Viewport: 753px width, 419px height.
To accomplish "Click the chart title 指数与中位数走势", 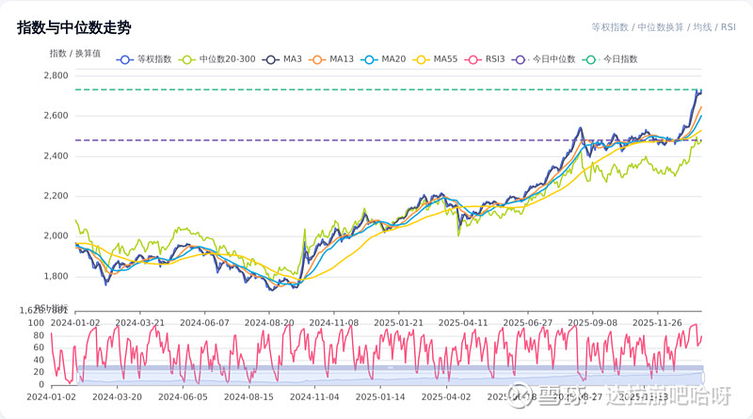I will point(73,28).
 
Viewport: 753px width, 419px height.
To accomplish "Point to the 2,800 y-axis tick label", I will point(56,75).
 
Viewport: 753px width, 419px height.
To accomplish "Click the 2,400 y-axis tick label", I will point(56,155).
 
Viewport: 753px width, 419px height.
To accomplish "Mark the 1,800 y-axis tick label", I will point(56,276).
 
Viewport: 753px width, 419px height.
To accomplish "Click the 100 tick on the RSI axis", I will point(37,324).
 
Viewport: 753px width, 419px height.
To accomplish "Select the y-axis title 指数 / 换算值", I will point(75,53).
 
